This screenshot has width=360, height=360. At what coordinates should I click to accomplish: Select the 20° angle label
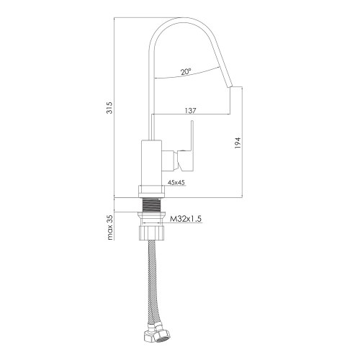point(186,72)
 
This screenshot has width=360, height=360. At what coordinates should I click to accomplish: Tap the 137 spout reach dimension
point(191,110)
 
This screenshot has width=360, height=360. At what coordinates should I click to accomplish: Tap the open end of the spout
point(232,85)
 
